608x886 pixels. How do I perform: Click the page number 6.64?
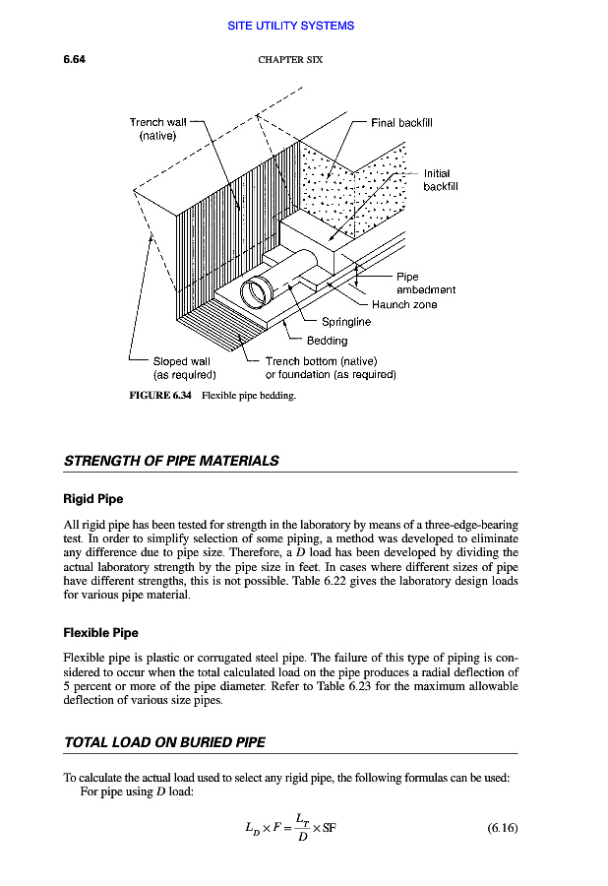75,60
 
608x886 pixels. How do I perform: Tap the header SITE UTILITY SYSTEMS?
290,26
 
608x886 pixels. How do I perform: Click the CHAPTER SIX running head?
290,60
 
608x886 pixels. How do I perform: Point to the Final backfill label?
401,123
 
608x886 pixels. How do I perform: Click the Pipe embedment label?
425,284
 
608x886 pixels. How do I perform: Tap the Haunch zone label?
404,305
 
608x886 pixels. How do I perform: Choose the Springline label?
346,322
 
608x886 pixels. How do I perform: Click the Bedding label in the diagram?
328,341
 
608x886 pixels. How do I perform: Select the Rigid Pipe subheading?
93,499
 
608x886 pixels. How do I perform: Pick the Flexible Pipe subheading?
100,632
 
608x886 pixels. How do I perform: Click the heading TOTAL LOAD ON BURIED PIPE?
164,741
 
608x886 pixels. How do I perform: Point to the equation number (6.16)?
502,828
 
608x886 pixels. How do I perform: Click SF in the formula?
329,828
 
